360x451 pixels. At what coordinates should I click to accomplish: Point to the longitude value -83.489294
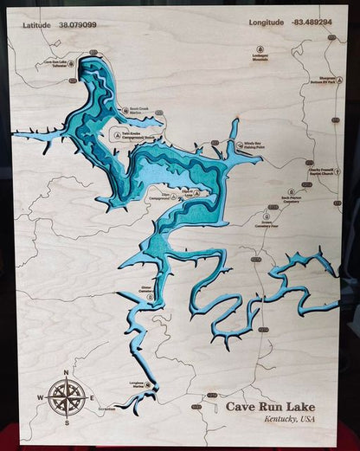pyautogui.click(x=312, y=22)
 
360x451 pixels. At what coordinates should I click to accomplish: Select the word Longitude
pyautogui.click(x=266, y=22)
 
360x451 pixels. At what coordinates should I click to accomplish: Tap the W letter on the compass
pyautogui.click(x=40, y=398)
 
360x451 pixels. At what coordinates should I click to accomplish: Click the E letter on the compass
pyautogui.click(x=92, y=398)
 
